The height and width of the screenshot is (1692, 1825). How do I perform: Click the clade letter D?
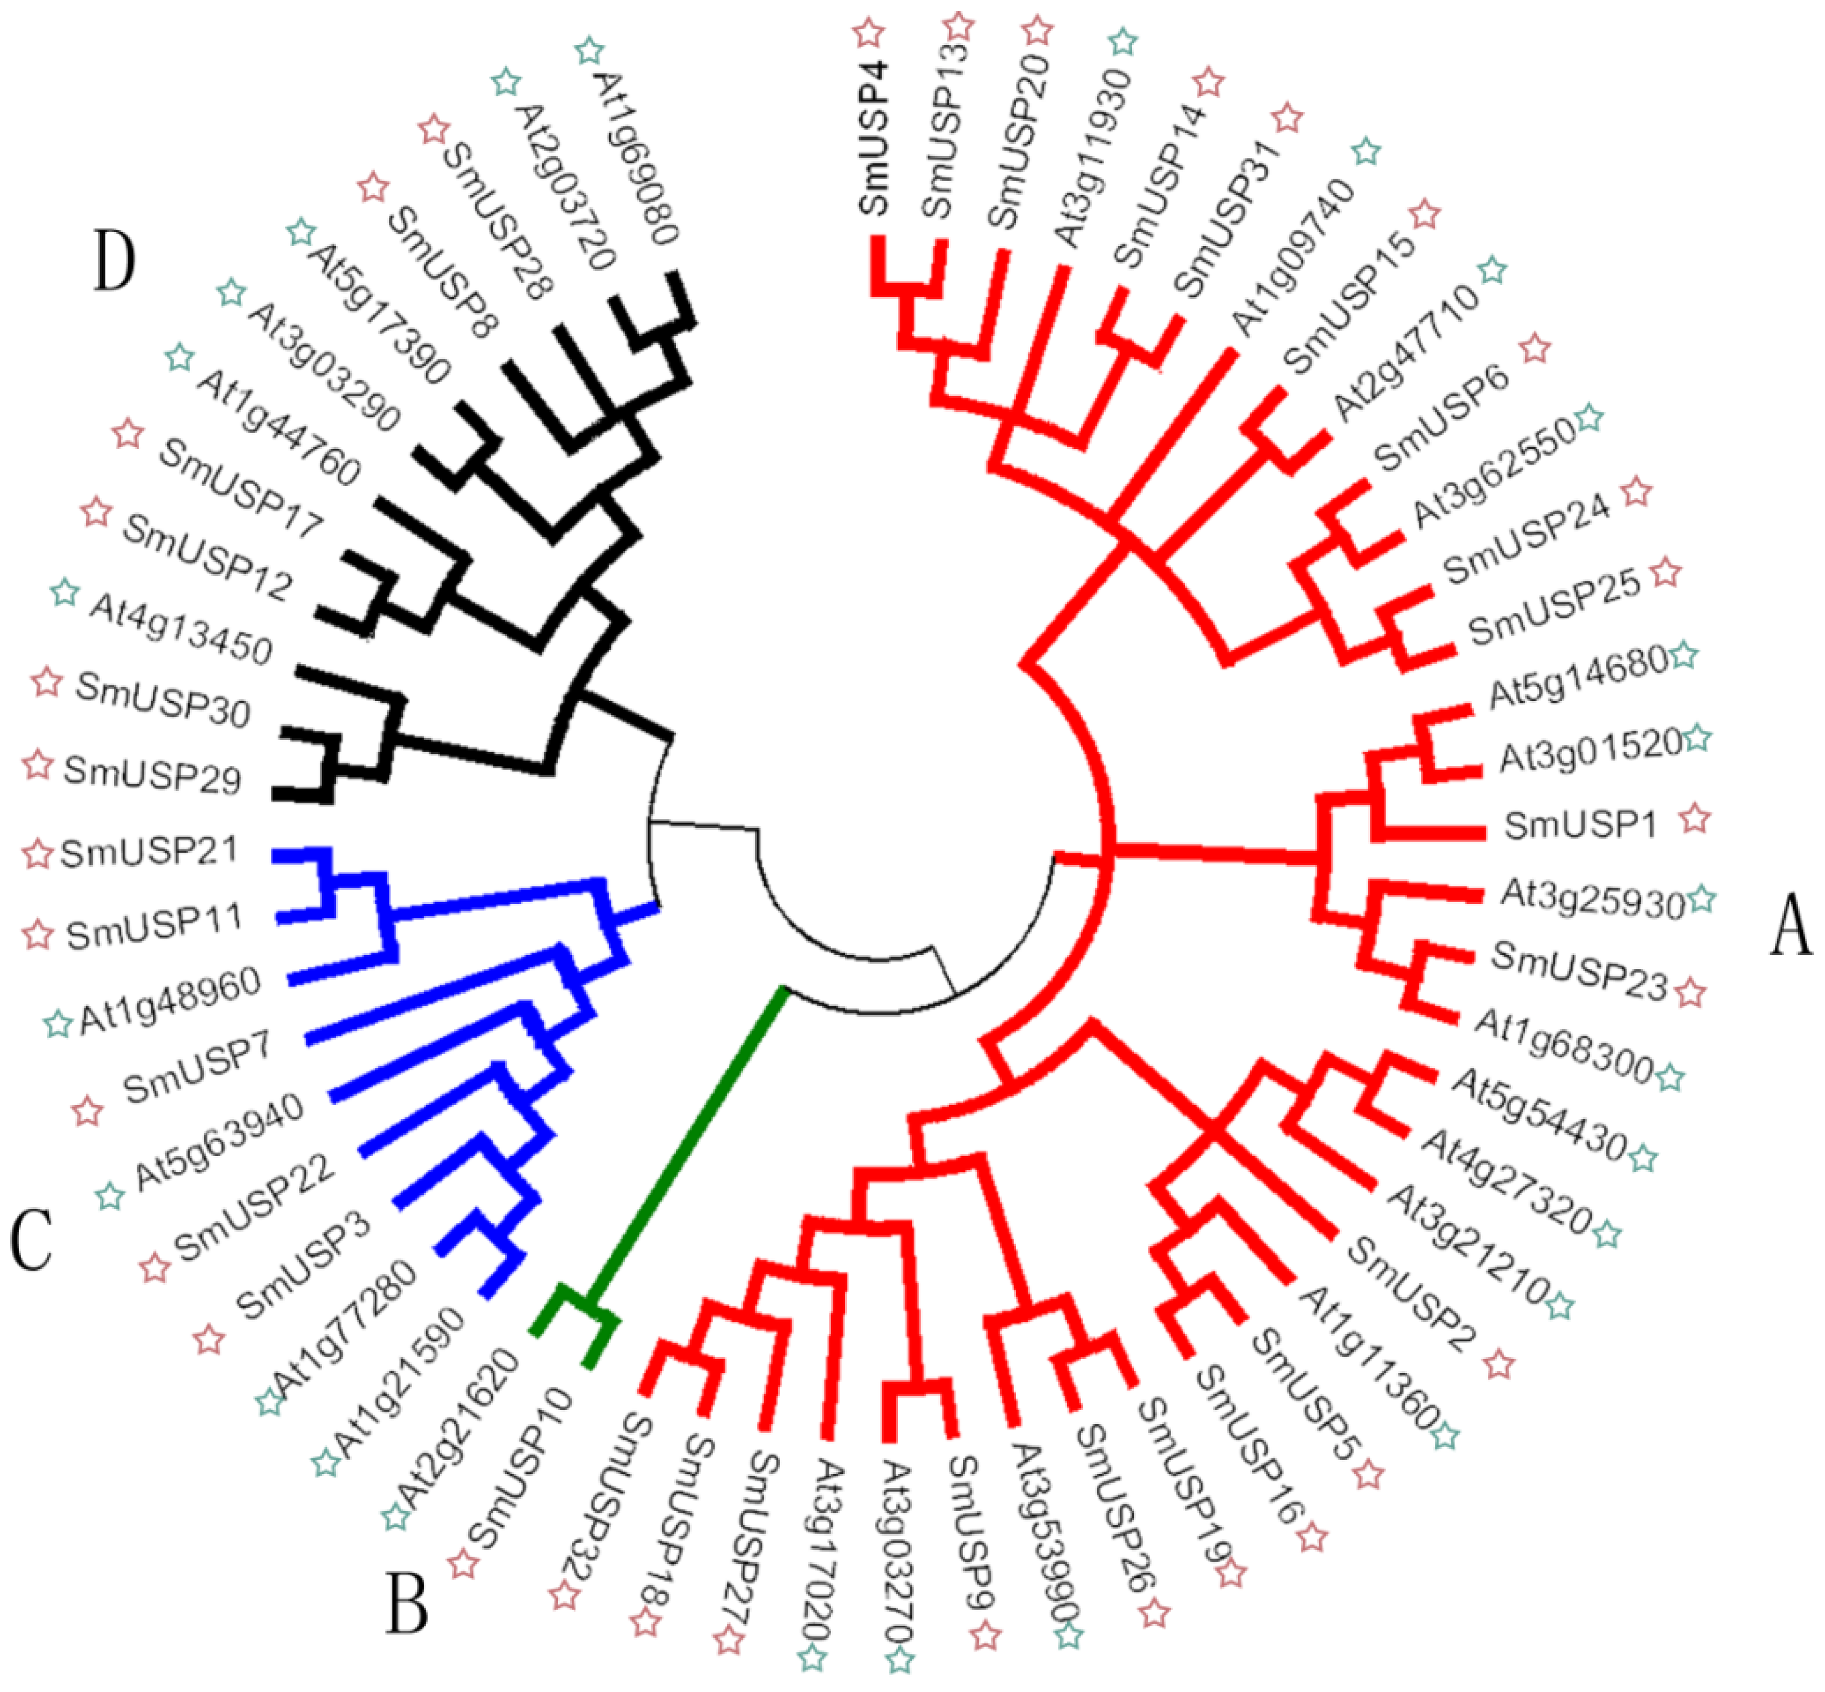point(115,261)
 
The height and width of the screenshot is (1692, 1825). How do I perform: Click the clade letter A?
point(1790,925)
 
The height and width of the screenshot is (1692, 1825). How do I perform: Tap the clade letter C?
point(32,1240)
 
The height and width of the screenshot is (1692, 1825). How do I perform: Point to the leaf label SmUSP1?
point(1579,826)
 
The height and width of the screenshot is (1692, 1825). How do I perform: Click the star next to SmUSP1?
point(1695,817)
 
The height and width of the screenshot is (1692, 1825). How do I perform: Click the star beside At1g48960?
point(57,1023)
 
